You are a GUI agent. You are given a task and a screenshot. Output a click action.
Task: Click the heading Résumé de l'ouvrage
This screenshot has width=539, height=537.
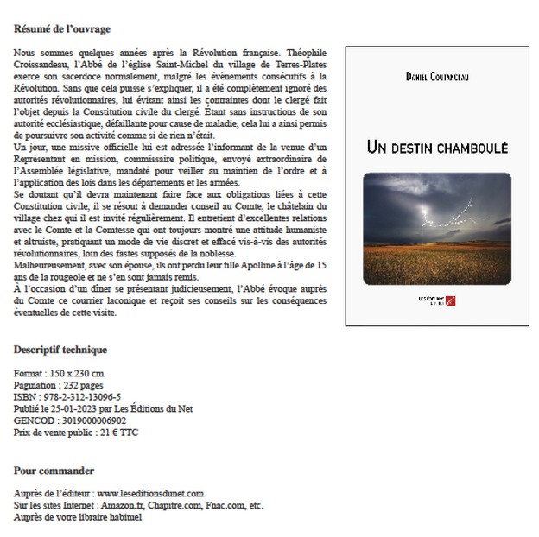62,29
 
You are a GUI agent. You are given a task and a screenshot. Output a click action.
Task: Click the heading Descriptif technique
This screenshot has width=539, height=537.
60,350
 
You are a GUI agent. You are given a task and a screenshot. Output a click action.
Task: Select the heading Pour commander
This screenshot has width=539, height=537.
54,471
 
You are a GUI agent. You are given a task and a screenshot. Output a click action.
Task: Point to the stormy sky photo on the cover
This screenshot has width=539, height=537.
435,216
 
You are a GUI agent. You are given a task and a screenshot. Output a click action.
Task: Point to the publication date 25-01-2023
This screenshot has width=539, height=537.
86,407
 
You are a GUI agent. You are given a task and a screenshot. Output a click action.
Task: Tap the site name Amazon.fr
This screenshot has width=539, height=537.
122,505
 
